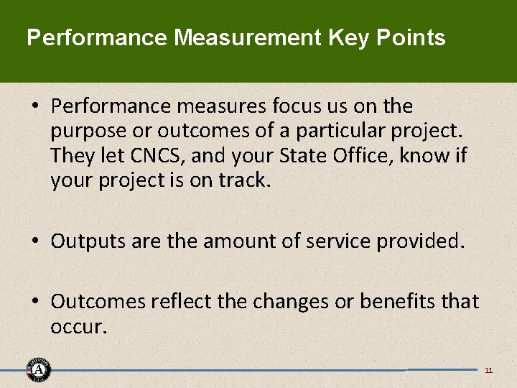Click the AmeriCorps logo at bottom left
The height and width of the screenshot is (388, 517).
38,369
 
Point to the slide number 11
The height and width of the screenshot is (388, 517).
488,371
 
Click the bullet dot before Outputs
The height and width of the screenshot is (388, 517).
35,241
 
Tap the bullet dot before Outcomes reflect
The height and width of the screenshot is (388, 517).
35,301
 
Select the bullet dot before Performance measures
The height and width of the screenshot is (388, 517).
35,106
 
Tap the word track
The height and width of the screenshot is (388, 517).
244,181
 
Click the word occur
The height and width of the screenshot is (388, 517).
79,327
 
